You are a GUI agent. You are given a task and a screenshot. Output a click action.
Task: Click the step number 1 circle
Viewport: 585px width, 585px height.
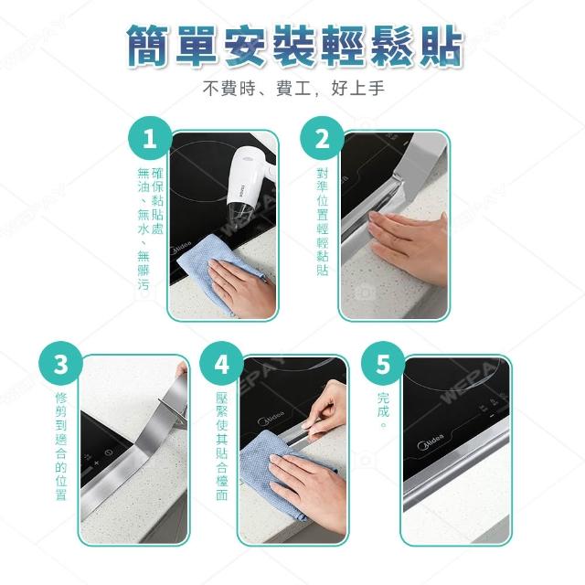tap(150, 138)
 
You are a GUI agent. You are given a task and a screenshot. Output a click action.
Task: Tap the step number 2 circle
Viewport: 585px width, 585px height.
tap(322, 138)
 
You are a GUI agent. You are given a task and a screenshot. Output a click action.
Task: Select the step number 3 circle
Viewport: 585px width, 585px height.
tap(61, 364)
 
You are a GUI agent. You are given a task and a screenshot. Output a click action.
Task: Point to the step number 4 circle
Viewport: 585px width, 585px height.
tap(221, 364)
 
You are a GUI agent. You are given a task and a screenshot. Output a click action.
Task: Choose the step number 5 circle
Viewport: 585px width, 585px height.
tap(383, 364)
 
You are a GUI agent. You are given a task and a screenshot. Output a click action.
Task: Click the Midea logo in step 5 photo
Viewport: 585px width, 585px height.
tap(431, 441)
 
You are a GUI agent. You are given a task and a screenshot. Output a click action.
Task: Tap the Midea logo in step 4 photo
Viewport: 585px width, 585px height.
tap(271, 418)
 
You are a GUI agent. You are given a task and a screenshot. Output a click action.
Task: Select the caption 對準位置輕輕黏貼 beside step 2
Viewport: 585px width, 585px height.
tap(323, 221)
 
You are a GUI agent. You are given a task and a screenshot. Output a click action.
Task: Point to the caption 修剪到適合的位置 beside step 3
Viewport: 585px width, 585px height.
tap(61, 446)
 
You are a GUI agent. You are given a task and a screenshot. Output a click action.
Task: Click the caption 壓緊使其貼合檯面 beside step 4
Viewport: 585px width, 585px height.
tap(221, 446)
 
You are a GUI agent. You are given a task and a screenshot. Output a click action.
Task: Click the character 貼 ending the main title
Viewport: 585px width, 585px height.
tap(441, 47)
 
